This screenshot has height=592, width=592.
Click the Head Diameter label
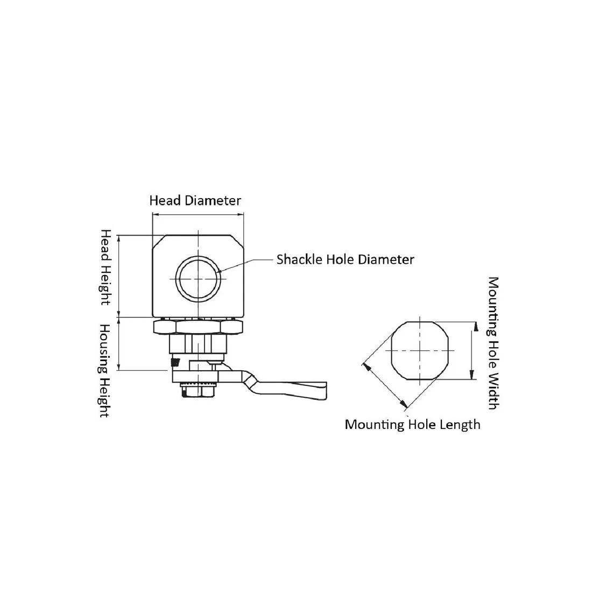[x=195, y=201]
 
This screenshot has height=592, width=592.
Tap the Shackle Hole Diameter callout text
[x=346, y=260]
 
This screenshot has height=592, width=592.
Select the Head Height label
[x=105, y=267]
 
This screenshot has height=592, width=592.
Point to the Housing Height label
[x=105, y=370]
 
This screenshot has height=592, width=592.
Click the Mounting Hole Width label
[x=494, y=343]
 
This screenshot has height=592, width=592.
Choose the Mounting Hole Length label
[x=413, y=425]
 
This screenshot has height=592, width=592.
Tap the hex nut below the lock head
[x=198, y=327]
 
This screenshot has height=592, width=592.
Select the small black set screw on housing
[x=175, y=362]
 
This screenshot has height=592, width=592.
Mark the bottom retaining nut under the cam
[x=198, y=391]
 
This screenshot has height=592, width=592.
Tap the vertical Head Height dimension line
[x=119, y=276]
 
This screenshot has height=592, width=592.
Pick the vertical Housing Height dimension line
[x=119, y=344]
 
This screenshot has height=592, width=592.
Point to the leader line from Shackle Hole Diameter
[x=246, y=265]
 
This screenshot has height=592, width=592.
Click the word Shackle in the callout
[x=299, y=260]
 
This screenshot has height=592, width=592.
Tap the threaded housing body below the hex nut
[x=198, y=344]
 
